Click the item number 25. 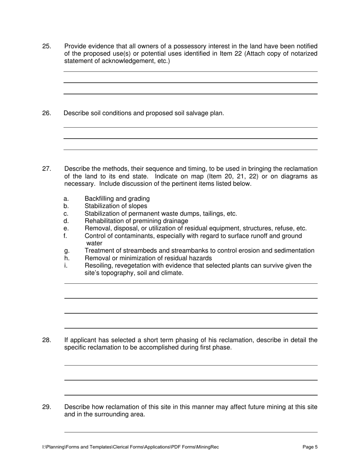tap(46, 46)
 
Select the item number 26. tap(46, 113)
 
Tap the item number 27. tap(46, 169)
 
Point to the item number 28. tap(46, 340)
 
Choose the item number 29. tap(46, 407)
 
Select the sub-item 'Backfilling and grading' tap(117, 199)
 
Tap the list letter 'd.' tap(66, 221)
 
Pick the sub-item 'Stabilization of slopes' tap(116, 206)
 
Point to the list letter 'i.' tap(66, 266)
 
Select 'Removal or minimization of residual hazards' tap(148, 258)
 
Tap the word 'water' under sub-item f tap(94, 243)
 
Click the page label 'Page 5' tap(310, 447)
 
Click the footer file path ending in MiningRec tap(130, 447)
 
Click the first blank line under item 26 tap(191, 127)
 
